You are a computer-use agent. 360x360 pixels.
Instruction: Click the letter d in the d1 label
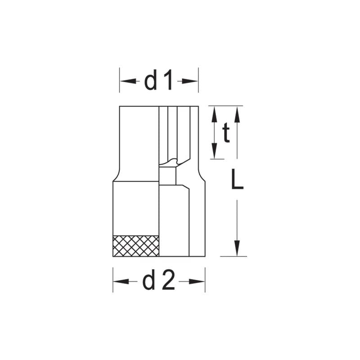tap(150, 81)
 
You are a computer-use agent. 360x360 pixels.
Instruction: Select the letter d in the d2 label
tap(149, 281)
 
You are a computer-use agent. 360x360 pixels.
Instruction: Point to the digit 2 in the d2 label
tap(167, 281)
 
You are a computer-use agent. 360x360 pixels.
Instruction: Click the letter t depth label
tap(226, 134)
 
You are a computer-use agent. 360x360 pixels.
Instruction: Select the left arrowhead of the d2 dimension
tap(119, 281)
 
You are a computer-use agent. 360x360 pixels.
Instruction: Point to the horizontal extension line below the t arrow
tap(217, 158)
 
